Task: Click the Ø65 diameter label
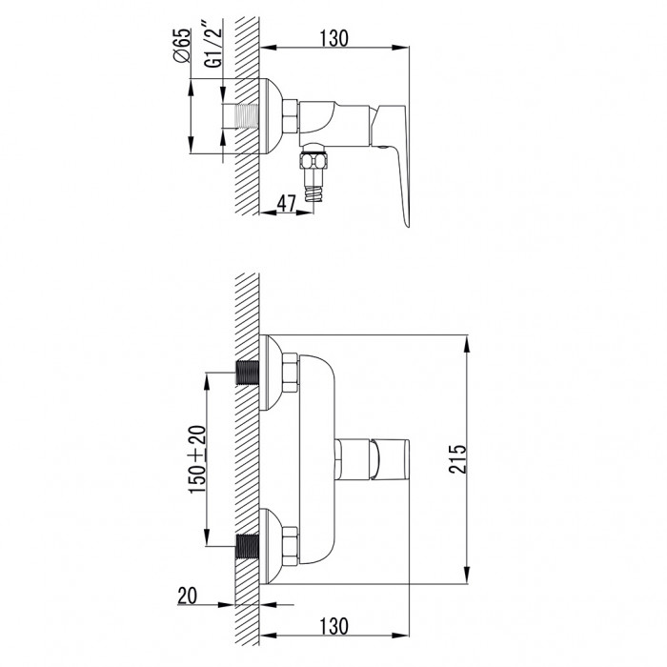coord(183,45)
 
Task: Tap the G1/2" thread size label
coord(213,48)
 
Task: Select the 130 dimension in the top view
coord(333,38)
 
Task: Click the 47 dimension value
coord(286,204)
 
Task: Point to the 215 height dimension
coord(457,459)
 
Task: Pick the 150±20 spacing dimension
coord(198,459)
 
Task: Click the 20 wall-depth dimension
coord(187,596)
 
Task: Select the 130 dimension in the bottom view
coord(333,626)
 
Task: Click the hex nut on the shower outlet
coord(313,162)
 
